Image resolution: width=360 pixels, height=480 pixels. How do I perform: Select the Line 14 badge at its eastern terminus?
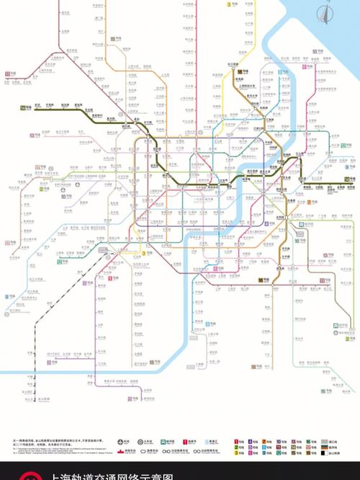coord(348,178)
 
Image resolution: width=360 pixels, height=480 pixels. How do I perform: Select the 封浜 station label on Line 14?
coord(37,105)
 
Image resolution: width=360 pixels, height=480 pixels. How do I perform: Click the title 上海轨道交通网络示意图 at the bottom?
coord(108,475)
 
